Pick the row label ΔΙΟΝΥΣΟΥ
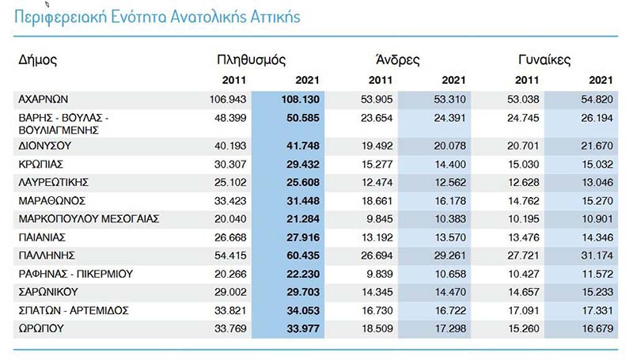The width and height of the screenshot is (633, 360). point(45,146)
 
